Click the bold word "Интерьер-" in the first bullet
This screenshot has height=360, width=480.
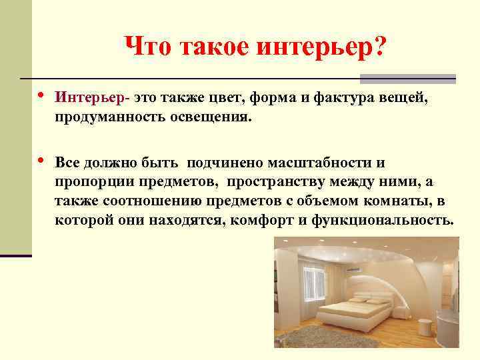[92, 98]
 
